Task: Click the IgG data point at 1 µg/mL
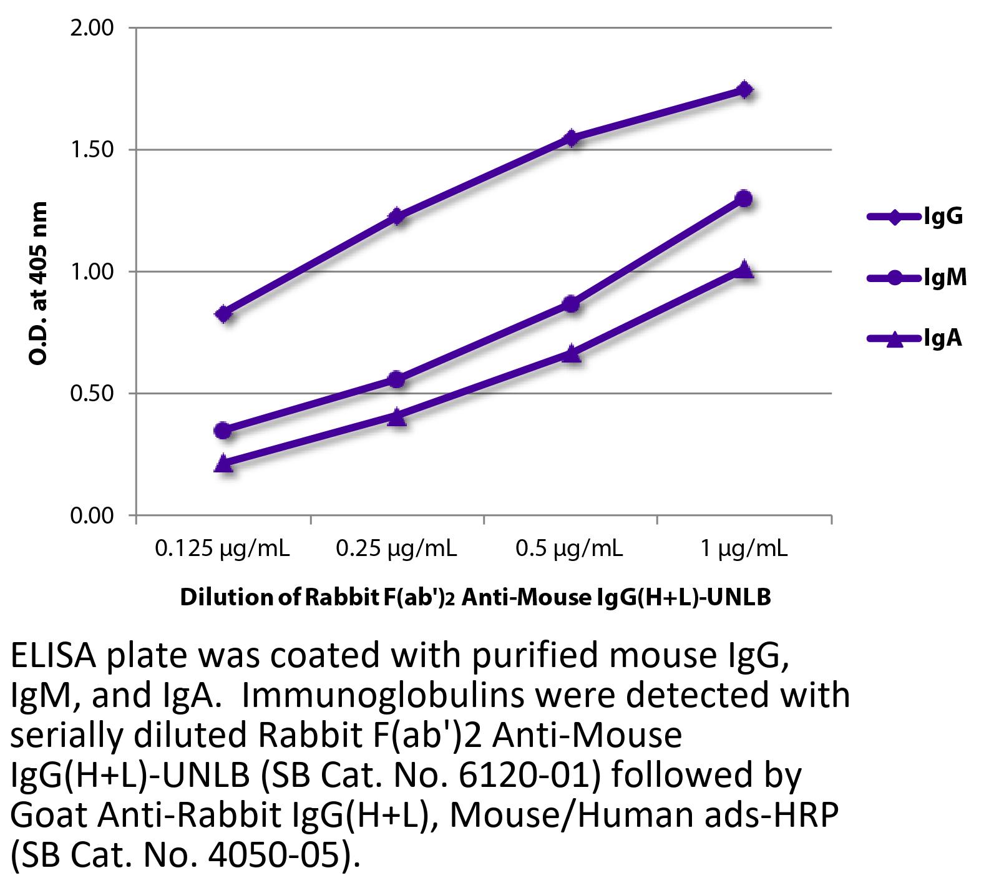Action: pos(744,90)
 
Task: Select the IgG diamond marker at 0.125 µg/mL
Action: pos(224,314)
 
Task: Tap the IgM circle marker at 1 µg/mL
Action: pos(744,199)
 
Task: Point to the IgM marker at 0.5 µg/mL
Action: pos(571,305)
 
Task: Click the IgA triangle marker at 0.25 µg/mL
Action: pos(397,417)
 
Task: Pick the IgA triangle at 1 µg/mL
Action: pos(744,270)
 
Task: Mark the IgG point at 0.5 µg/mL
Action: pos(571,138)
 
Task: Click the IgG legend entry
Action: pos(915,217)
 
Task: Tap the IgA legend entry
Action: pos(915,338)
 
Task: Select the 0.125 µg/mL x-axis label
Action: pos(223,549)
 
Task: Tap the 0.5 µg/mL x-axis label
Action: pos(569,549)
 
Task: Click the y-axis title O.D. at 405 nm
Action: pos(38,284)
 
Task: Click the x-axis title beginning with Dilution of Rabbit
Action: pos(475,598)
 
